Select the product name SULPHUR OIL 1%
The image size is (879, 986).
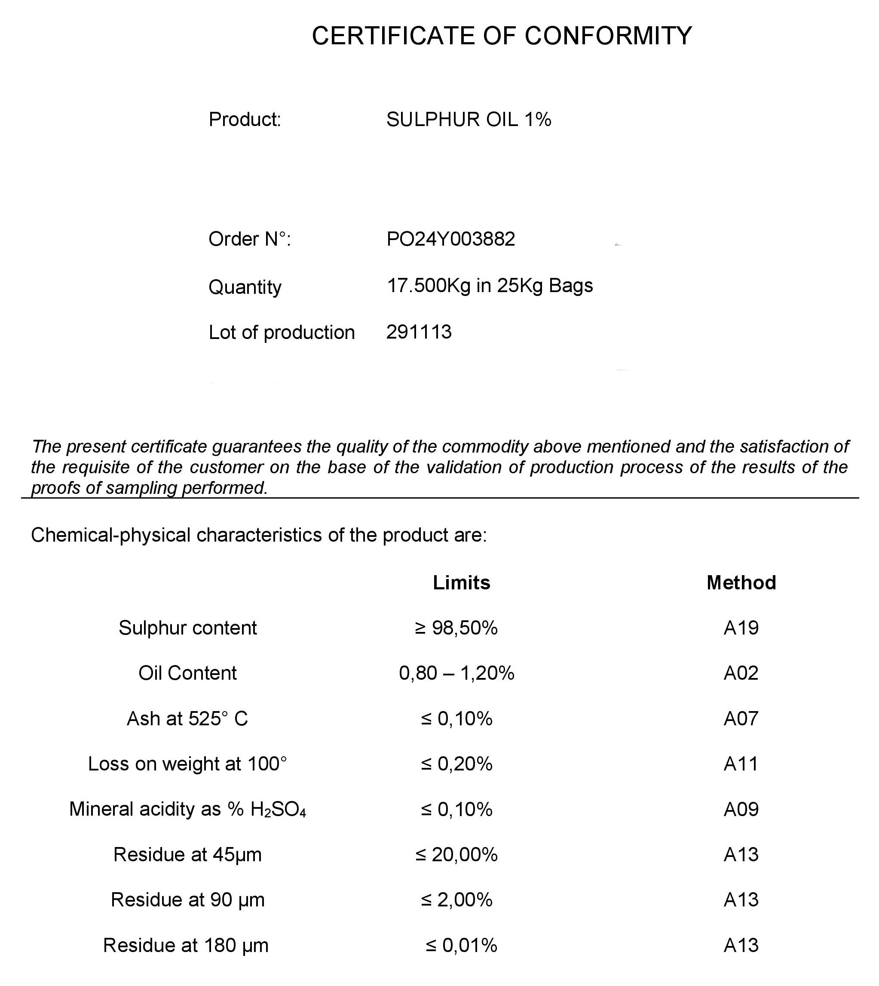point(469,120)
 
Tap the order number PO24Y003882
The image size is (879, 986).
point(450,239)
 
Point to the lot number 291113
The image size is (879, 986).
point(419,332)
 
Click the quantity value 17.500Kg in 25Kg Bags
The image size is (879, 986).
point(489,286)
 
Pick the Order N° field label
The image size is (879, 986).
point(249,239)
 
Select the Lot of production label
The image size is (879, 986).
point(282,333)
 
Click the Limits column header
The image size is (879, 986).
point(461,582)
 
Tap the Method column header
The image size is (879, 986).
point(741,582)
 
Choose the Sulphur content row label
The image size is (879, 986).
point(188,628)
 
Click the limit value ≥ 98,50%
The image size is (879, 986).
point(456,628)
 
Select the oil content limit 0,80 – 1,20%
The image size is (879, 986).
point(456,673)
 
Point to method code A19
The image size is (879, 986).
point(741,628)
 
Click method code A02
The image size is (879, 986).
point(741,673)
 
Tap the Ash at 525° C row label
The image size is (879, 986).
point(187,718)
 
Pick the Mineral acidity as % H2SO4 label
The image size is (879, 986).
point(187,809)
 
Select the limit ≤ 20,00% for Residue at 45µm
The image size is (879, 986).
point(456,854)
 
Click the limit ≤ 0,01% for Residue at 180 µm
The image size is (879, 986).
point(461,945)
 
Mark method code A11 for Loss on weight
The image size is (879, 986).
point(741,764)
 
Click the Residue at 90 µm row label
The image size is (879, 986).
point(188,900)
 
